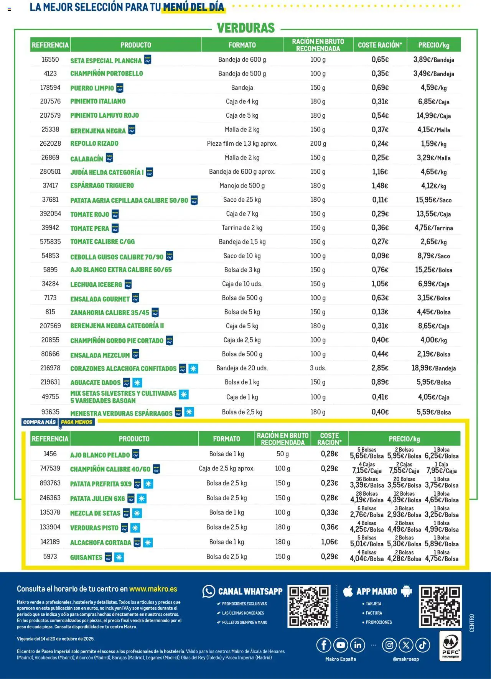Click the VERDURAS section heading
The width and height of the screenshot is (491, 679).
pyautogui.click(x=246, y=28)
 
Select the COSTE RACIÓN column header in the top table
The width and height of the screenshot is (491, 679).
pyautogui.click(x=380, y=45)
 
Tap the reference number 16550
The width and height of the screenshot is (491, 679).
pyautogui.click(x=50, y=59)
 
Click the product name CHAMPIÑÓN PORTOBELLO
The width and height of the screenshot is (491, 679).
pyautogui.click(x=106, y=73)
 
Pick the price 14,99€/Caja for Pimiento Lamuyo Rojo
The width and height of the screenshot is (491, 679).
pyautogui.click(x=433, y=115)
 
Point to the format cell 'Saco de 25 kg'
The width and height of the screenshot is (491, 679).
pyautogui.click(x=242, y=200)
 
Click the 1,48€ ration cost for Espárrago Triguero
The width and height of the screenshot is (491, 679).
pyautogui.click(x=380, y=186)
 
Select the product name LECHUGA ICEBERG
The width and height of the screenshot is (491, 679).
pyautogui.click(x=96, y=284)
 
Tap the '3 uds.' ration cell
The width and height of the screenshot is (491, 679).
pyautogui.click(x=318, y=368)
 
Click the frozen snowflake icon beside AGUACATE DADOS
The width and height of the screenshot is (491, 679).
pyautogui.click(x=137, y=382)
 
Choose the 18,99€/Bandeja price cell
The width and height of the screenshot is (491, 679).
pyautogui.click(x=433, y=368)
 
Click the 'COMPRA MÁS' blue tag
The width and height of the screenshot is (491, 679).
pyautogui.click(x=40, y=422)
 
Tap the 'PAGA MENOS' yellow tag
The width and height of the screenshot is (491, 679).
pyautogui.click(x=77, y=422)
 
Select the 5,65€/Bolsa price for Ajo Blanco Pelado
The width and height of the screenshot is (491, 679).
pyautogui.click(x=367, y=456)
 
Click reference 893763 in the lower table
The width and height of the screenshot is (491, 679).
pyautogui.click(x=50, y=483)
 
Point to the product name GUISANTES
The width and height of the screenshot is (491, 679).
pyautogui.click(x=86, y=557)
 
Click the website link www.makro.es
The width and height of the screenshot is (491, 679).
pyautogui.click(x=153, y=589)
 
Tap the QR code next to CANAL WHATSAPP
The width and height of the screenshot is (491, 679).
pyautogui.click(x=309, y=606)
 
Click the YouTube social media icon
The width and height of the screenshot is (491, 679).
pyautogui.click(x=341, y=645)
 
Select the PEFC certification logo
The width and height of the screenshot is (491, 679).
pyautogui.click(x=450, y=646)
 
